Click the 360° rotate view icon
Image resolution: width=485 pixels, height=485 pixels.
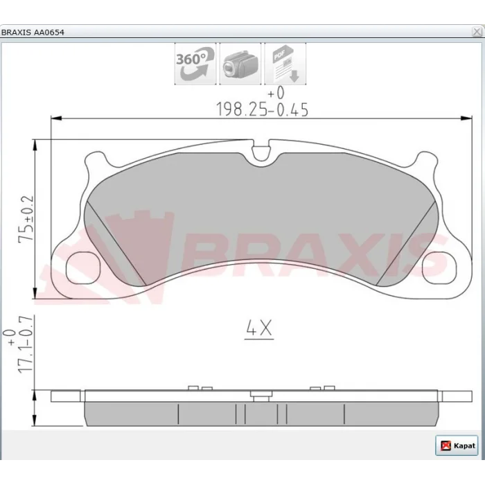(195, 64)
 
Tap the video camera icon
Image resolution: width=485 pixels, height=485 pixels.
(240, 64)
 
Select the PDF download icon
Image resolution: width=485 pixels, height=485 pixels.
(285, 64)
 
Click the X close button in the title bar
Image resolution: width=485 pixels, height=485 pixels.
(477, 32)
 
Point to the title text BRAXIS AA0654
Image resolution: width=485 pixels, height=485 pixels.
(33, 32)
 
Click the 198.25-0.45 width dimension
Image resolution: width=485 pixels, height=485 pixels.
(263, 109)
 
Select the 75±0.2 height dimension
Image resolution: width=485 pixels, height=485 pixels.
(26, 219)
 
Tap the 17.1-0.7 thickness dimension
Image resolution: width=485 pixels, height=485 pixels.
(26, 345)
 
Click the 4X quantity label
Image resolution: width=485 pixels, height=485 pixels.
(259, 328)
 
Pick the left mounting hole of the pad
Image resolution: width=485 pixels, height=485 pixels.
(83, 268)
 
